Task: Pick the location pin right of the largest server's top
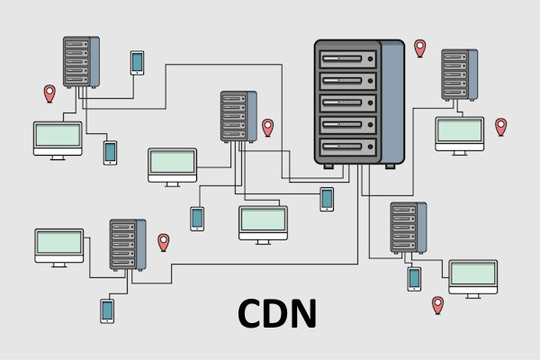click(419, 47)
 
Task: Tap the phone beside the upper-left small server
click(137, 62)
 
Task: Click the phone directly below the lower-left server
click(107, 310)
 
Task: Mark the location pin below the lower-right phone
click(438, 304)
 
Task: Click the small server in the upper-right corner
click(455, 75)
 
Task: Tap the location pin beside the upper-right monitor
click(501, 126)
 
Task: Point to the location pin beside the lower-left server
click(164, 241)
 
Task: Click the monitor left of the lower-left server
click(59, 245)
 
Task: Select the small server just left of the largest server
click(234, 115)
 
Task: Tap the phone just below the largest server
click(327, 199)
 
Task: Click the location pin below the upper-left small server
click(50, 93)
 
